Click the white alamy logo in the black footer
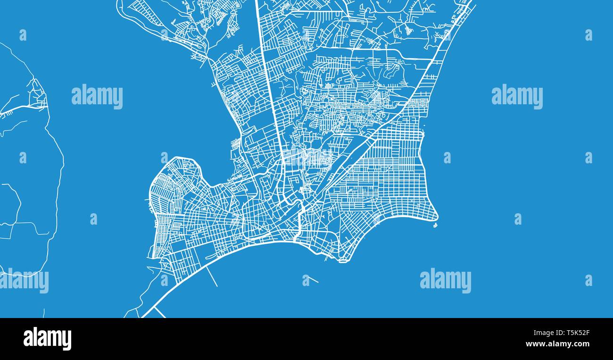(x=47, y=339)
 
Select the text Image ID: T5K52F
(x=560, y=333)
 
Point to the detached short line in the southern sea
(x=312, y=279)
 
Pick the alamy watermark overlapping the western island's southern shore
(x=25, y=281)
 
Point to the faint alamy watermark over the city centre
(x=306, y=158)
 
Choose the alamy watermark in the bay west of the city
(x=97, y=97)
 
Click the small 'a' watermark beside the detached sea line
(x=306, y=281)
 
